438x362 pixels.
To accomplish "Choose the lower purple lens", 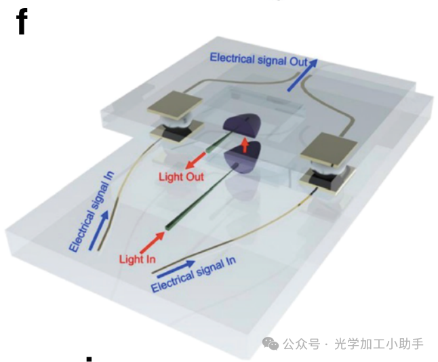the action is click(x=243, y=161).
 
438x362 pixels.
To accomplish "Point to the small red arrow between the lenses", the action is click(x=245, y=144).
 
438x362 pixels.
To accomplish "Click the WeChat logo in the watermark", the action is click(x=271, y=344).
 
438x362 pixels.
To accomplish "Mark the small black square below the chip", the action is click(x=88, y=357).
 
